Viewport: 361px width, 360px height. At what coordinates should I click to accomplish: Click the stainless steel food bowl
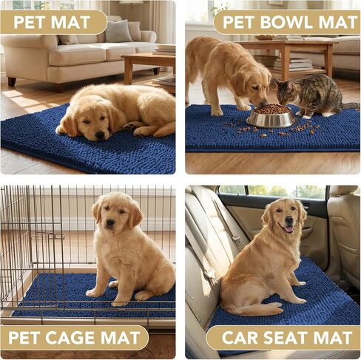click(271, 116)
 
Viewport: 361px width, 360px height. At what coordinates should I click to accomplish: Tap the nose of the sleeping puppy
click(100, 135)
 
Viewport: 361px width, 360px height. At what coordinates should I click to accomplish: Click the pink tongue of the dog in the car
click(289, 229)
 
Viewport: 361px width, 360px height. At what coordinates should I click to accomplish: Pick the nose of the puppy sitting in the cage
click(110, 223)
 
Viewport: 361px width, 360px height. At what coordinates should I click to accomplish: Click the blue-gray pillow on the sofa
click(118, 31)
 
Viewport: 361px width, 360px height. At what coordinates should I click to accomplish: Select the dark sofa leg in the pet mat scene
click(12, 81)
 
